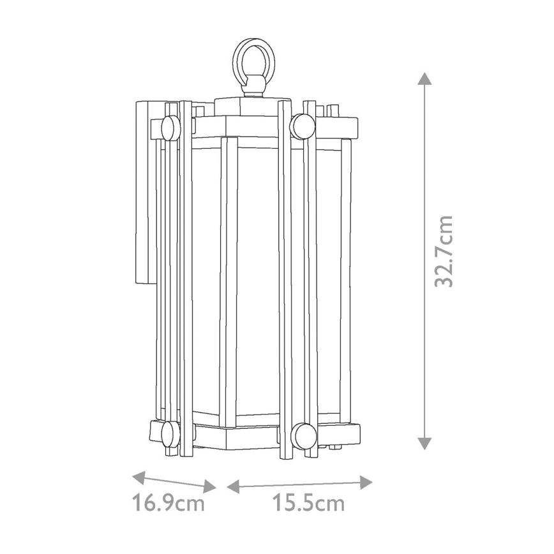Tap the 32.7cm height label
click(443, 251)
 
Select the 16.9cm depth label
click(169, 504)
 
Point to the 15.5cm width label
click(308, 504)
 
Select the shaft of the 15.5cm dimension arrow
click(300, 484)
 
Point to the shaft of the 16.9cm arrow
click(173, 482)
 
